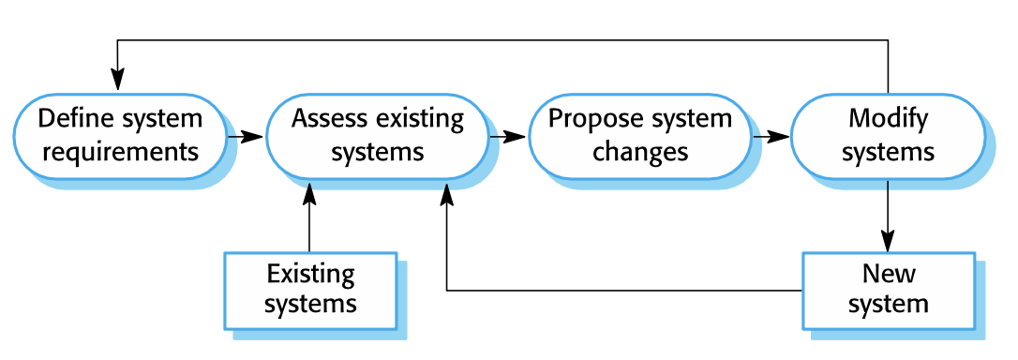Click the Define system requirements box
pyautogui.click(x=119, y=136)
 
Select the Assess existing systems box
pyautogui.click(x=378, y=136)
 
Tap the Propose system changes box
pyautogui.click(x=640, y=136)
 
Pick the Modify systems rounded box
pyautogui.click(x=888, y=136)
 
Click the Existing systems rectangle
pyautogui.click(x=310, y=290)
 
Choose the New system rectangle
pyautogui.click(x=888, y=290)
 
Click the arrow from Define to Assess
pyautogui.click(x=246, y=137)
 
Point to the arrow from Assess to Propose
pyautogui.click(x=508, y=137)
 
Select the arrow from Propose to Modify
pyautogui.click(x=771, y=137)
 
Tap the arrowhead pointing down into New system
pyautogui.click(x=888, y=242)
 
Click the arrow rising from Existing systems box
pyautogui.click(x=309, y=216)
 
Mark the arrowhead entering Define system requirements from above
pyautogui.click(x=117, y=82)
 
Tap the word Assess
pyautogui.click(x=327, y=120)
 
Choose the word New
pyautogui.click(x=889, y=274)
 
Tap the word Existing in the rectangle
pyautogui.click(x=311, y=275)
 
